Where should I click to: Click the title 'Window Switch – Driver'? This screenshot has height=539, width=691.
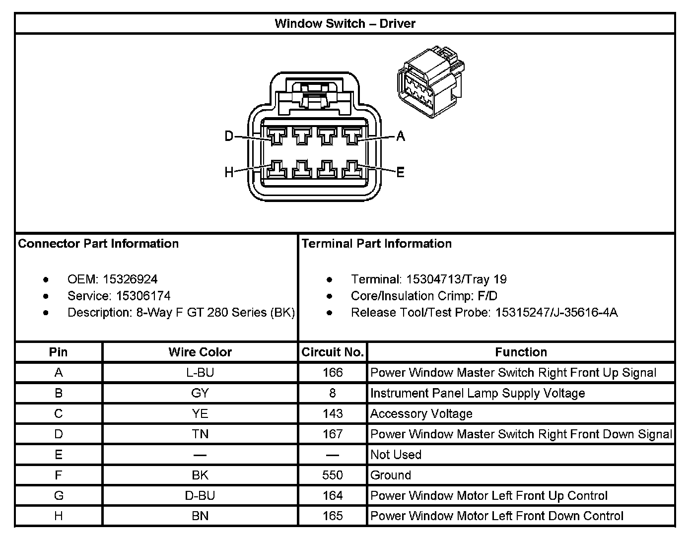tap(345, 23)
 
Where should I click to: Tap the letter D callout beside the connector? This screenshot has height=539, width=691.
tap(229, 135)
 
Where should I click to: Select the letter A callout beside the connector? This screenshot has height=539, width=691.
tap(401, 135)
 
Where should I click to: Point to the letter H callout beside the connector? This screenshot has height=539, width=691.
tap(229, 172)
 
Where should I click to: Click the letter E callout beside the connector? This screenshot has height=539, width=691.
tap(401, 172)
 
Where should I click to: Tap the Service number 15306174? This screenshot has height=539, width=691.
tap(143, 296)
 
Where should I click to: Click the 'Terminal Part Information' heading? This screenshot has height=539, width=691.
tap(377, 244)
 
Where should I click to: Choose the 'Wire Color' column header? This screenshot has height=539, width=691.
tap(200, 352)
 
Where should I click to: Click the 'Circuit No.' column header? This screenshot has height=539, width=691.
tap(333, 352)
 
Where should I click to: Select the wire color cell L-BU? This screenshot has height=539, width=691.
tap(200, 373)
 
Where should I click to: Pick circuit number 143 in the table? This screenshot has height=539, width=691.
tap(333, 413)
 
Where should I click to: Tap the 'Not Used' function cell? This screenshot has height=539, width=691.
tap(396, 455)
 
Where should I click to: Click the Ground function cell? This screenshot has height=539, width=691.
tap(391, 475)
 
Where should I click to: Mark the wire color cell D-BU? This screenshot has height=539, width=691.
tap(200, 495)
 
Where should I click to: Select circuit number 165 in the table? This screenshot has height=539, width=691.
tap(333, 516)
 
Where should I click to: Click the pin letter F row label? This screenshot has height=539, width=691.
tap(59, 475)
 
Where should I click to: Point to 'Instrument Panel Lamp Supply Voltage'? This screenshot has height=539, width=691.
tap(478, 393)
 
